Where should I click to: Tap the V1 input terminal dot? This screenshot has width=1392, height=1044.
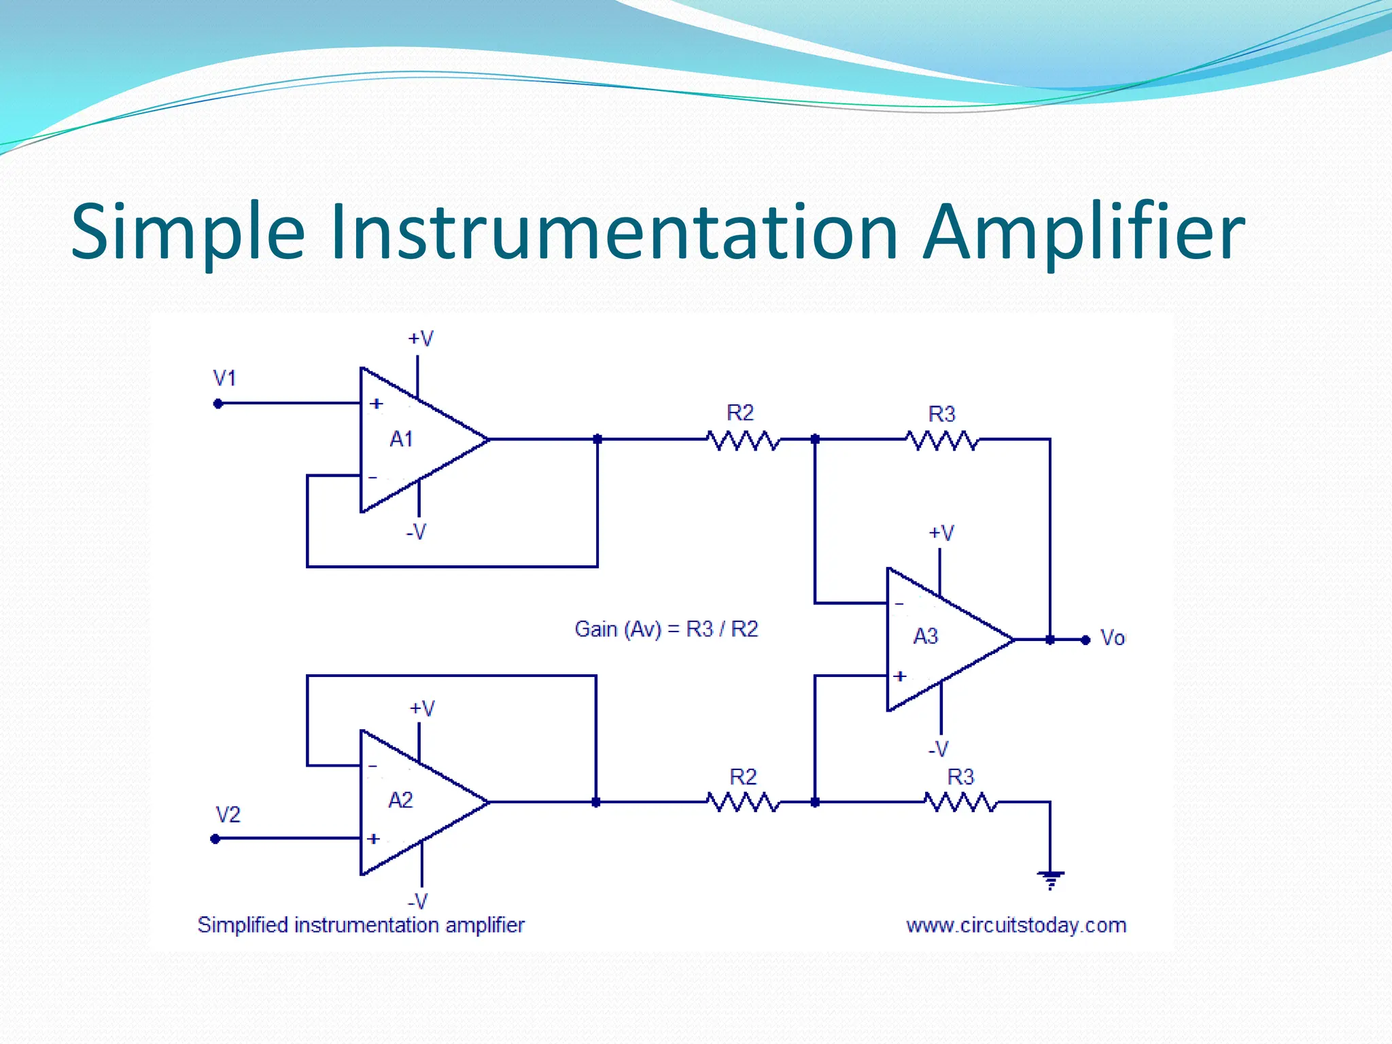[x=218, y=404]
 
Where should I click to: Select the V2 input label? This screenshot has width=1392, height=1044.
[x=228, y=814]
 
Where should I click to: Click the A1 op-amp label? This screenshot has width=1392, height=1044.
[x=401, y=439]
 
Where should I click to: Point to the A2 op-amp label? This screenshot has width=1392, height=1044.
[x=400, y=800]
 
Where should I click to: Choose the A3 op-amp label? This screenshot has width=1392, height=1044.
[x=925, y=636]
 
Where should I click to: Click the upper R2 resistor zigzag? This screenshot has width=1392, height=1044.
[x=743, y=440]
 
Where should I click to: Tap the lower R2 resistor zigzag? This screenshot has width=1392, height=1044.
[x=743, y=803]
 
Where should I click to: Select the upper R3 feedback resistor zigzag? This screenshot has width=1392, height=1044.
[x=943, y=440]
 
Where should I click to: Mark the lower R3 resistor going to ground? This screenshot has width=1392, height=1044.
[x=960, y=803]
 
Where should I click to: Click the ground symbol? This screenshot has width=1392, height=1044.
[x=1051, y=880]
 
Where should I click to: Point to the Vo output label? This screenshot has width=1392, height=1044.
[x=1113, y=638]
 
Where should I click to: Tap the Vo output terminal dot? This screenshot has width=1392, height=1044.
[x=1085, y=640]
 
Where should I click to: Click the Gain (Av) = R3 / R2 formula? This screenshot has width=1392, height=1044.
[x=666, y=629]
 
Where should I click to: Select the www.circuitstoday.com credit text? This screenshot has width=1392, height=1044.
[x=1016, y=925]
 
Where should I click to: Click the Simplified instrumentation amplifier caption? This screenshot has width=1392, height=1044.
[x=361, y=924]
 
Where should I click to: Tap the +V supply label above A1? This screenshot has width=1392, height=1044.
[x=420, y=338]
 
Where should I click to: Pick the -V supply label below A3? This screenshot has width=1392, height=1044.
[x=939, y=749]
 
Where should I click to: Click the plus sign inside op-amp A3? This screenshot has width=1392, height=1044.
[x=901, y=676]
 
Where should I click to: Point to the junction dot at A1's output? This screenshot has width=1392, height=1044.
[x=597, y=440]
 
